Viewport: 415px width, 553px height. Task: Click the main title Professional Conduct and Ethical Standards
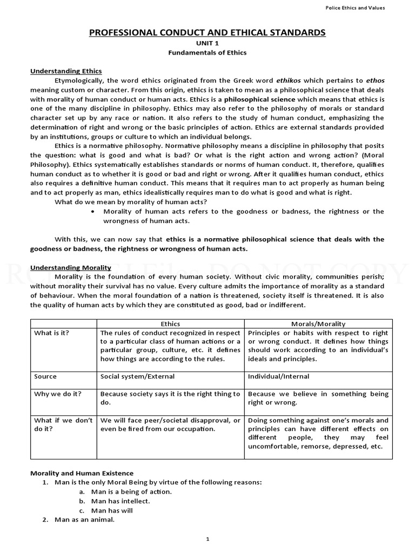207,33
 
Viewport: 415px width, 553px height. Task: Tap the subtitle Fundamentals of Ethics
207,53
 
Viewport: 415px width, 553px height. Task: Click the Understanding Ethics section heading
66,71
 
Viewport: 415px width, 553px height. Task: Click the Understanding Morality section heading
71,267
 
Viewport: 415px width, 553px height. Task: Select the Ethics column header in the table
171,323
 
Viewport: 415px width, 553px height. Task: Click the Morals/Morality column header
318,323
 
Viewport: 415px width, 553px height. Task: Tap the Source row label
45,376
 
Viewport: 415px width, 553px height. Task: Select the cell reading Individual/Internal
279,376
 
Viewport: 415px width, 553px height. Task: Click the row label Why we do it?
57,394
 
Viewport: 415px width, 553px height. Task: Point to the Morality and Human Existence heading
82,473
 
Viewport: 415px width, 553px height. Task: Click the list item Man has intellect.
121,501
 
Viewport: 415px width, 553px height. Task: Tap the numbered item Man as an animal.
84,520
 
